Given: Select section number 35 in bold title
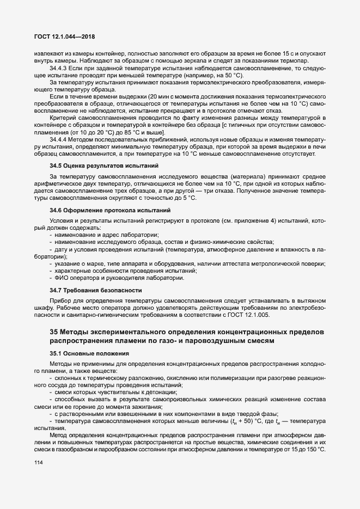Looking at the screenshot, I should [x=54, y=332].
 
